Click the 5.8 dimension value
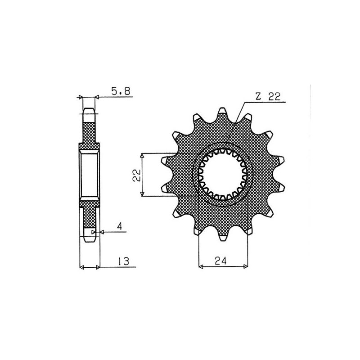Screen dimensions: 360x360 (120, 91)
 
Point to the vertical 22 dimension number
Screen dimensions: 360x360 (135, 175)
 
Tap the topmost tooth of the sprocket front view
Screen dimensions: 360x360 (223, 112)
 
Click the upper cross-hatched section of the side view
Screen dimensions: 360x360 (89, 133)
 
